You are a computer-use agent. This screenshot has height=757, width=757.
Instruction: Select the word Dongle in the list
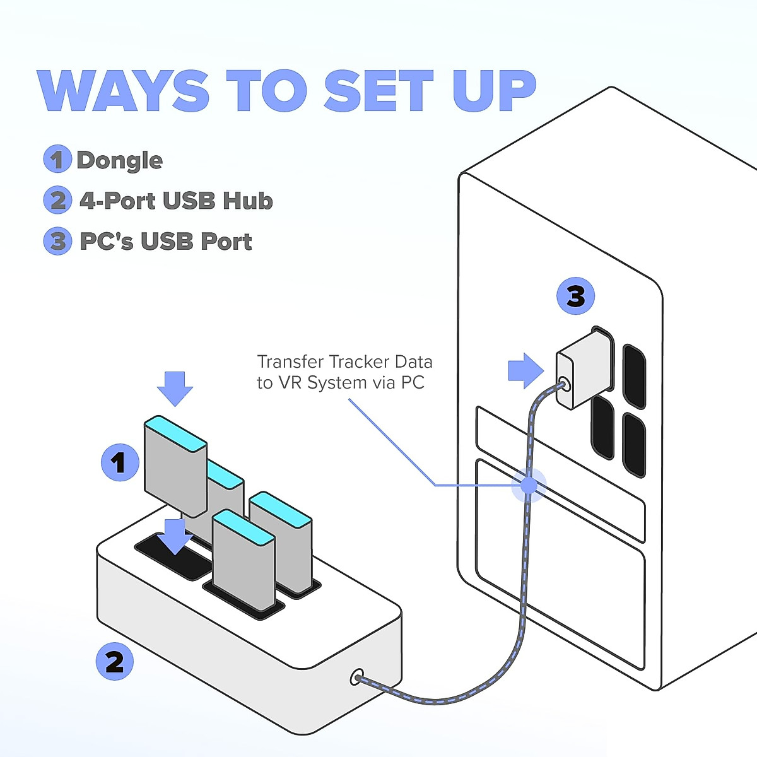click(119, 160)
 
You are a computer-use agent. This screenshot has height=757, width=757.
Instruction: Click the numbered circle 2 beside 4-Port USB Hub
click(57, 200)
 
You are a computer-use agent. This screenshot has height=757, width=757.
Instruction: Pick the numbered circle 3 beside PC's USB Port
click(57, 241)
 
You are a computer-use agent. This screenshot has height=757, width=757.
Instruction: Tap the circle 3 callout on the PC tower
click(575, 296)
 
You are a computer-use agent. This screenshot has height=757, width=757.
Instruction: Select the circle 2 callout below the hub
click(114, 662)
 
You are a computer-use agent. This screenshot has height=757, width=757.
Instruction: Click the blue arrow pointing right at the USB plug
click(525, 370)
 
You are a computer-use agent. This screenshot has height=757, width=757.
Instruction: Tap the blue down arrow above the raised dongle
click(175, 387)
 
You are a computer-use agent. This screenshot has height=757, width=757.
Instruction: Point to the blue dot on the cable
click(529, 485)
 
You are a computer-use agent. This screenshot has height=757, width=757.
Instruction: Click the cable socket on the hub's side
click(357, 678)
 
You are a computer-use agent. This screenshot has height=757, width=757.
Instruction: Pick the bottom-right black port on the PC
click(633, 443)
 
